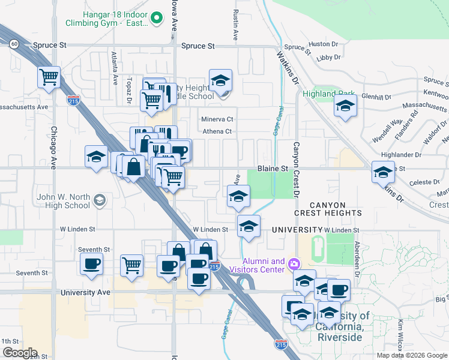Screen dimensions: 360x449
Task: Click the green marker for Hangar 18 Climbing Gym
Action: coord(157,18)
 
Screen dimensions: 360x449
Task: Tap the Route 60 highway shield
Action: coord(14,43)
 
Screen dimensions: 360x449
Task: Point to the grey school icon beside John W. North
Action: coord(100,200)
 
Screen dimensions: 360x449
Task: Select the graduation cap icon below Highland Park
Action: coord(345,107)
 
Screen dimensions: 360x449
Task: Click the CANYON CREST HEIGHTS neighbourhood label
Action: coord(328,209)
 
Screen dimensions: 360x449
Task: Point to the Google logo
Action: coord(20,353)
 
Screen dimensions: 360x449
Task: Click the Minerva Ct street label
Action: coord(217,119)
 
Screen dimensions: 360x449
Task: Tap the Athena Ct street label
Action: coord(217,131)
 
